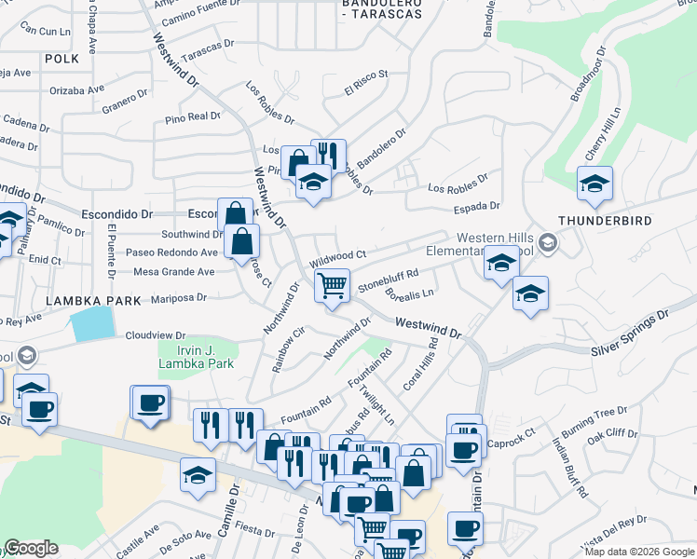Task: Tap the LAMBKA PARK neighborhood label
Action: [92, 302]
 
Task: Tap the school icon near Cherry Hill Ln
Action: [594, 183]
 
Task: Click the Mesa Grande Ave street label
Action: [174, 272]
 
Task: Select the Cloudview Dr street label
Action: [156, 335]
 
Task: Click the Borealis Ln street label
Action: [410, 295]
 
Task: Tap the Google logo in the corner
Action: [32, 548]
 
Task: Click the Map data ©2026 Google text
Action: [639, 551]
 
